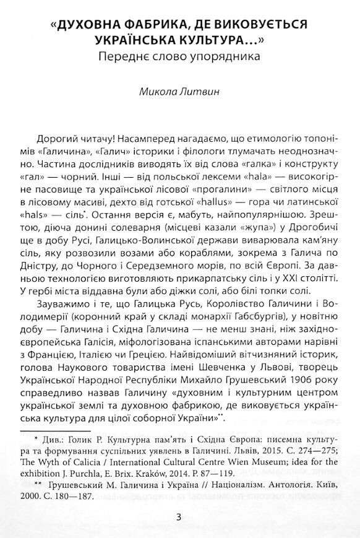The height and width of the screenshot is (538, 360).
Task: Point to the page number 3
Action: pyautogui.click(x=179, y=517)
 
